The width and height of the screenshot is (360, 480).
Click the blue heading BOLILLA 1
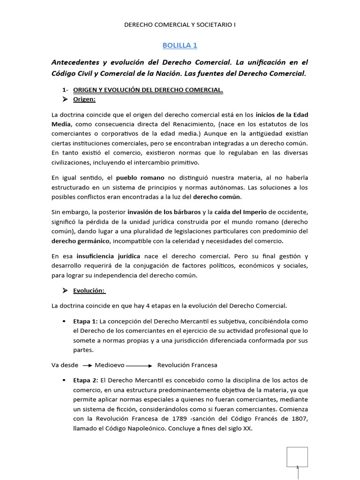180,45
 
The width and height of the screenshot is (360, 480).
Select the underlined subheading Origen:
84,99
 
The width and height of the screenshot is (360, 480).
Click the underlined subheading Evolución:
89,291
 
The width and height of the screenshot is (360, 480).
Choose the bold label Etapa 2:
86,380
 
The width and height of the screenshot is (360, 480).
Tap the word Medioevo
109,365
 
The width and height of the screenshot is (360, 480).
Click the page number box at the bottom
297,457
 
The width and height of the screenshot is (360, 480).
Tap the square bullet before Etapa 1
62,321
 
